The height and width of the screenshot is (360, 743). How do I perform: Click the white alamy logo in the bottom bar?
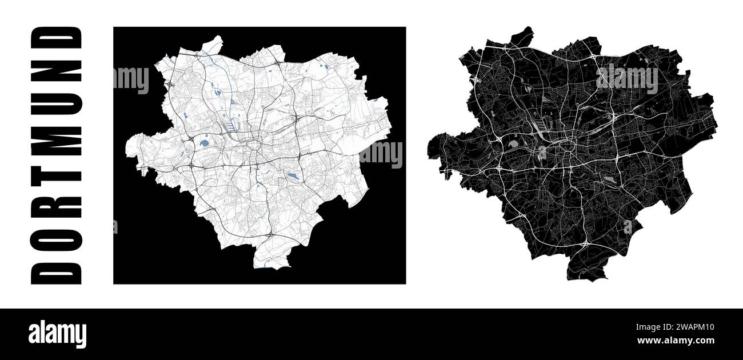click(57, 334)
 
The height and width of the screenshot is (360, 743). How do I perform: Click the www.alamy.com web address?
click(675, 341)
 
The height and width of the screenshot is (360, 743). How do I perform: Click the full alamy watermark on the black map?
click(627, 79)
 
